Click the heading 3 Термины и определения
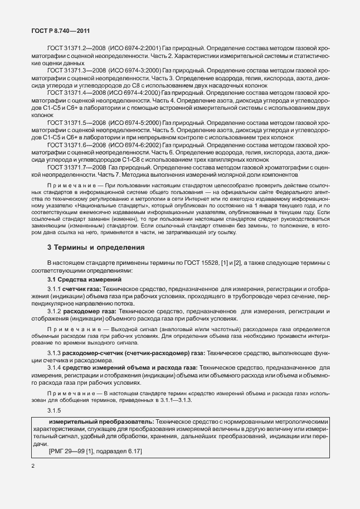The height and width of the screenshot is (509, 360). (x=96, y=247)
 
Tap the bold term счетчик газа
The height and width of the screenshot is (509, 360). (x=84, y=289)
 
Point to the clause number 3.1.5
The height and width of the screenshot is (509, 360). (x=55, y=410)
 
